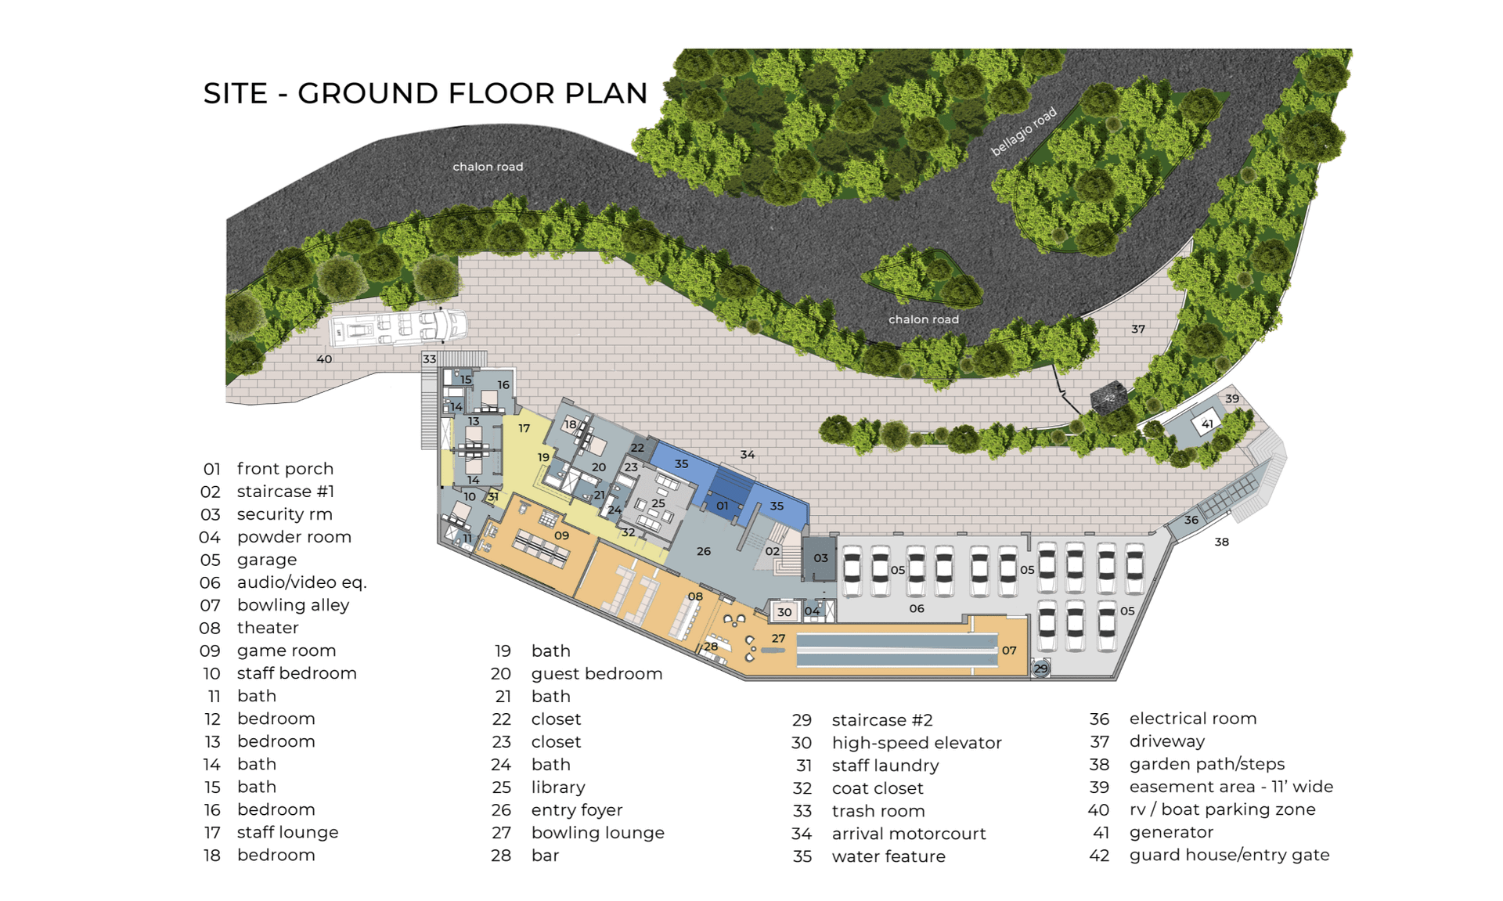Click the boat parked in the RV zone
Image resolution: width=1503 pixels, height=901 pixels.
click(x=398, y=328)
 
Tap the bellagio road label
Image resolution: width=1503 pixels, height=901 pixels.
click(x=1024, y=131)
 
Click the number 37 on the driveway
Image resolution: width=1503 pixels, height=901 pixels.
click(x=1138, y=330)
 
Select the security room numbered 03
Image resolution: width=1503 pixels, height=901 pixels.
click(x=820, y=558)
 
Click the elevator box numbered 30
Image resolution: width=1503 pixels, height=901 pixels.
click(x=784, y=612)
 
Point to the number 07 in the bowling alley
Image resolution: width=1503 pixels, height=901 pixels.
click(x=1009, y=651)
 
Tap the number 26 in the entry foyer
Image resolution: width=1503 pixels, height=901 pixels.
click(x=704, y=551)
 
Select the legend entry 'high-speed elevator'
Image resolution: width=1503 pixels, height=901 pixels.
click(x=917, y=743)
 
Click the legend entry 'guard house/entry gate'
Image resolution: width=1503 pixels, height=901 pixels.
click(x=1229, y=855)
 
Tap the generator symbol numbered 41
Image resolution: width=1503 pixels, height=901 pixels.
click(x=1207, y=424)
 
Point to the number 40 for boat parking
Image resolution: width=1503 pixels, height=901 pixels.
click(x=324, y=359)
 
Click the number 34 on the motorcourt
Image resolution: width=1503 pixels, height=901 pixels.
click(x=748, y=454)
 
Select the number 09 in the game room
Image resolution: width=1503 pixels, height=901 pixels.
click(x=561, y=535)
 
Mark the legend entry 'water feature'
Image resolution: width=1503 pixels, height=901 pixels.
click(x=888, y=856)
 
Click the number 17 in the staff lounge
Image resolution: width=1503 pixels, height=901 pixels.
click(x=524, y=428)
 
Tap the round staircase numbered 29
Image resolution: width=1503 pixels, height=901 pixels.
click(x=1040, y=668)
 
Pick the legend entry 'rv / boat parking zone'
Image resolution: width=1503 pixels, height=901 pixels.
click(x=1222, y=809)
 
